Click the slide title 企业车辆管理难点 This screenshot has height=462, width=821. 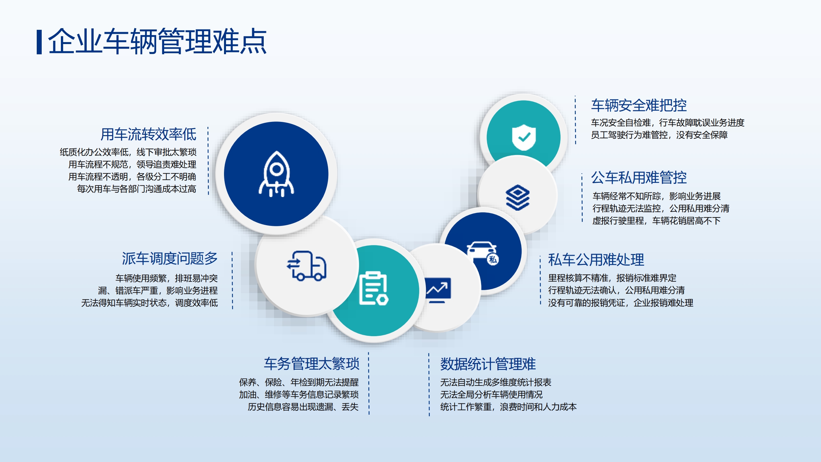(x=158, y=41)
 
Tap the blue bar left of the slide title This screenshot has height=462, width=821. (x=39, y=42)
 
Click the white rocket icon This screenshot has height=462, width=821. (x=276, y=174)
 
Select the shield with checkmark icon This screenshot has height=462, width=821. (x=524, y=137)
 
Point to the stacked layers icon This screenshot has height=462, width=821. (x=518, y=197)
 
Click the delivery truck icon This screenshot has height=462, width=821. (x=306, y=266)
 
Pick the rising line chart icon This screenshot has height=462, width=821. (x=437, y=290)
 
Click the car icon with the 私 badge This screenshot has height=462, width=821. (x=482, y=253)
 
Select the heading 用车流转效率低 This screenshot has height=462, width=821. (x=148, y=134)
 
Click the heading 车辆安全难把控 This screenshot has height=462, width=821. (x=639, y=105)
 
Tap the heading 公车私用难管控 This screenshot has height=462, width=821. (x=639, y=178)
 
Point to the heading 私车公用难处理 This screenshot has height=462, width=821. (x=596, y=260)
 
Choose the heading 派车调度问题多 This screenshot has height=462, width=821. (x=170, y=258)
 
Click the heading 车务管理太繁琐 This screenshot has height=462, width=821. (x=311, y=364)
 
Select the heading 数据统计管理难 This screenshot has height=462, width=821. (x=488, y=364)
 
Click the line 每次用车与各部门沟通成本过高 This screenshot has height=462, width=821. (x=137, y=189)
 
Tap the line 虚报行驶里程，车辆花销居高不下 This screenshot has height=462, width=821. (x=656, y=221)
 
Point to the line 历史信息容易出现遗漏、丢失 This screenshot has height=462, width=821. (x=303, y=407)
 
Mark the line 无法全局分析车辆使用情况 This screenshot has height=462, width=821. (x=491, y=395)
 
